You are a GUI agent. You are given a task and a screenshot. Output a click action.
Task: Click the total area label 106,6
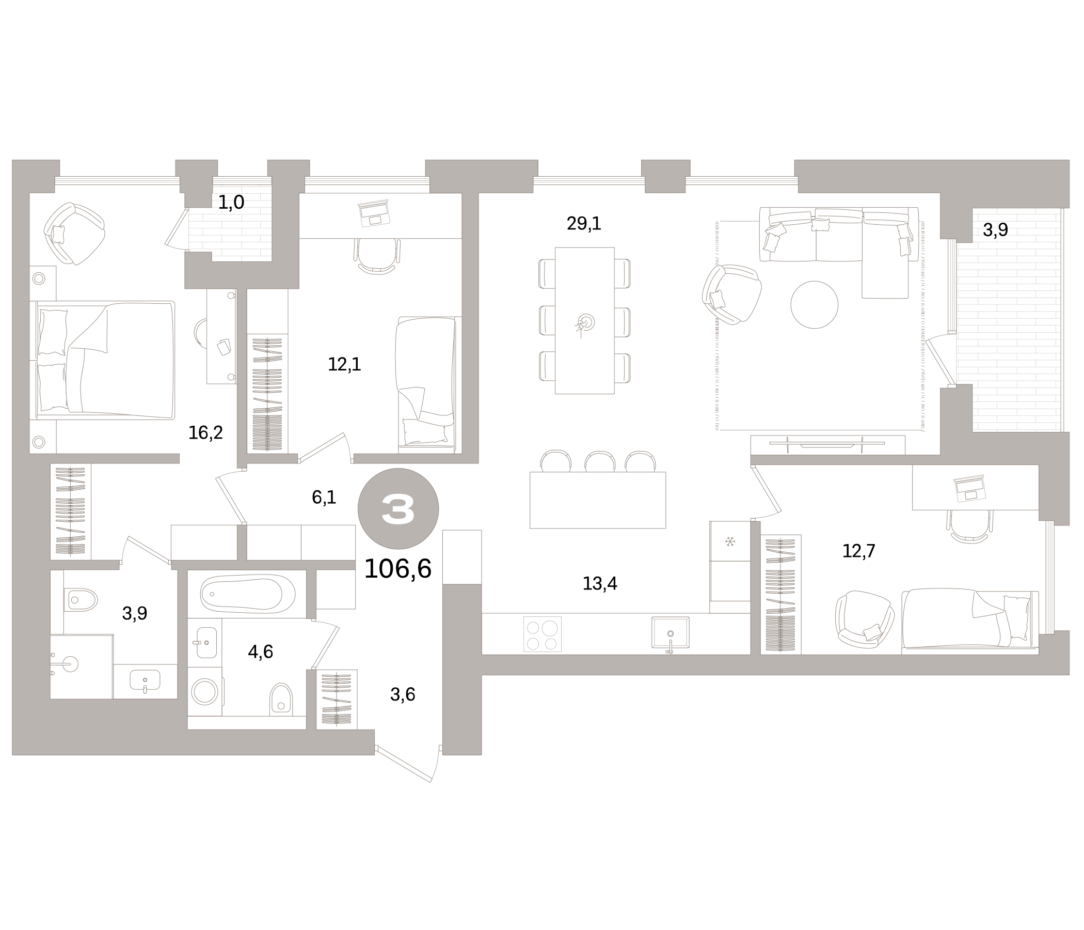click(397, 569)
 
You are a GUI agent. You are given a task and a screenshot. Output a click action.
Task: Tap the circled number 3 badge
click(398, 508)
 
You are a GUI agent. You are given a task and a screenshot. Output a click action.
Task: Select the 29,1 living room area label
click(584, 224)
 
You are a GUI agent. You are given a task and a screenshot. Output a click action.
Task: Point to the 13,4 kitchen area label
click(599, 583)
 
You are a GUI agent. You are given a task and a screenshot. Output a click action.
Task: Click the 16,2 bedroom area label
click(205, 432)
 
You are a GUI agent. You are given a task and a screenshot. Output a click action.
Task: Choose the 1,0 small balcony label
click(231, 202)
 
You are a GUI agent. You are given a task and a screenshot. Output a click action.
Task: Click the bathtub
click(247, 594)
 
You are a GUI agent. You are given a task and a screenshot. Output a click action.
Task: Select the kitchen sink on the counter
click(670, 633)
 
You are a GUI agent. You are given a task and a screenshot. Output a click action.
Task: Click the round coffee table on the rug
click(814, 305)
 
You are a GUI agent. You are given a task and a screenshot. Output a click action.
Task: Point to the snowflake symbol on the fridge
click(730, 541)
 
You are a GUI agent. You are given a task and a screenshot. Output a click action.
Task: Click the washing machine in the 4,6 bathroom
click(204, 692)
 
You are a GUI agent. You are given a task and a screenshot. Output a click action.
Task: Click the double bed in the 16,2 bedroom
click(105, 360)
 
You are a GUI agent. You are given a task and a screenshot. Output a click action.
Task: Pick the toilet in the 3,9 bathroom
click(82, 599)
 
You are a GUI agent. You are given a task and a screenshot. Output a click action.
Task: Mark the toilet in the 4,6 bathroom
click(281, 700)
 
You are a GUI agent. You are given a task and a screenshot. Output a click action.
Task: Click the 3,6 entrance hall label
click(402, 694)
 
